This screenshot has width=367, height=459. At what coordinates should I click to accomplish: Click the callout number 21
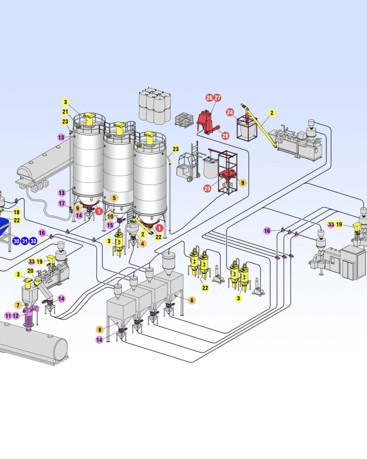pos(66,112)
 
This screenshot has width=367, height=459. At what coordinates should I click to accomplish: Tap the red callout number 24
pos(230,112)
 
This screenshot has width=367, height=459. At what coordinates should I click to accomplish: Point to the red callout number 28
pos(225,135)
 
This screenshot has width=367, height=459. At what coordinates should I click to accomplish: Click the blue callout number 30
pos(17,241)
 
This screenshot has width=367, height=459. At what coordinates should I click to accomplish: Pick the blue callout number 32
pos(33,241)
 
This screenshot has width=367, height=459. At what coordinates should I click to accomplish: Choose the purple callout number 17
pos(62,203)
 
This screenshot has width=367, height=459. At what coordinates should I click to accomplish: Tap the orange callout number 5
pos(114,197)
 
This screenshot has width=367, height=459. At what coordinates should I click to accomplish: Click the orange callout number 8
pos(100,329)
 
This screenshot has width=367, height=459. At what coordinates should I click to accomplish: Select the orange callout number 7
pos(18,305)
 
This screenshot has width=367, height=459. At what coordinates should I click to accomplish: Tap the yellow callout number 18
pos(17,212)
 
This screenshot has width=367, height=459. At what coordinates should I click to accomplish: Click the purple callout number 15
pos(110,225)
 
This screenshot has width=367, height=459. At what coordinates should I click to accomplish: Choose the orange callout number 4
pos(143,244)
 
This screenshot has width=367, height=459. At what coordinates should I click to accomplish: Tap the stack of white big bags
pos(154,106)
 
